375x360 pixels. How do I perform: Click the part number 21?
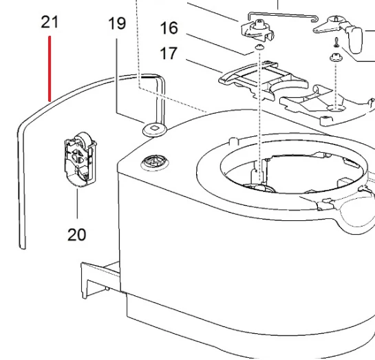50,22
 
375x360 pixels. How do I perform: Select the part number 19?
117,23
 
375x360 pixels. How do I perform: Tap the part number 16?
169,28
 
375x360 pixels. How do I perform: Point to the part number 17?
169,53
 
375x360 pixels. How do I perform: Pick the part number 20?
76,235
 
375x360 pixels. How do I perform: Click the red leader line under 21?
50,69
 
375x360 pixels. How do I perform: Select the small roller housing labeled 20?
80,159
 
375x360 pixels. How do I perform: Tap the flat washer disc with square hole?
155,130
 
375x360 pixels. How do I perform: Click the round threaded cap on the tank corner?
155,162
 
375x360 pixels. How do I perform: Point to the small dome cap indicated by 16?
259,47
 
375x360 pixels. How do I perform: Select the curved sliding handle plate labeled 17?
263,80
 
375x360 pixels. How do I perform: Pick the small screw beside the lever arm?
336,43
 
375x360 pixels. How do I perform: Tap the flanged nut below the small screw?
336,57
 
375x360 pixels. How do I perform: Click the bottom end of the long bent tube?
23,247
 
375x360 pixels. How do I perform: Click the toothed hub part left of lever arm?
257,30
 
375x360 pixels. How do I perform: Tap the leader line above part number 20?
77,204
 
